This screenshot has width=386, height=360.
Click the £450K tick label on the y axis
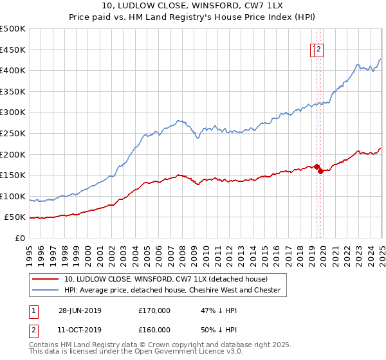[x=14, y=50]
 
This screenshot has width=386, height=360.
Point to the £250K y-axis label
[x=14, y=133]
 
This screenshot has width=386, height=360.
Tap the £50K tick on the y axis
[x=16, y=217]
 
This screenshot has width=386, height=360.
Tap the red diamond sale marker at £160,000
[x=320, y=171]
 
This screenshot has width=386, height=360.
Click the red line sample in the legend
[x=46, y=279]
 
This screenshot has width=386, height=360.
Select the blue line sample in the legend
[x=46, y=290]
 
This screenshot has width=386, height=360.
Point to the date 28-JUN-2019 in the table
[x=80, y=310]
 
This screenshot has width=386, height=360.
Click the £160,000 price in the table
[x=154, y=330]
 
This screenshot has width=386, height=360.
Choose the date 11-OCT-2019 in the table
[x=80, y=330]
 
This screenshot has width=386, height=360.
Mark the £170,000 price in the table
[x=154, y=310]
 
